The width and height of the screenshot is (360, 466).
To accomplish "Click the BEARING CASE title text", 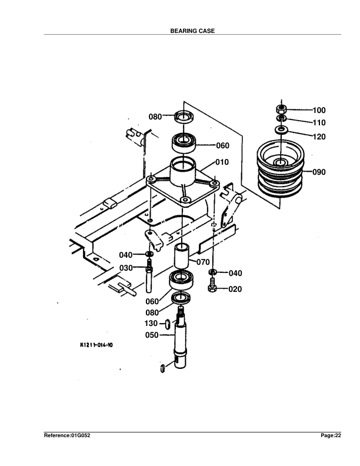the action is pyautogui.click(x=192, y=31).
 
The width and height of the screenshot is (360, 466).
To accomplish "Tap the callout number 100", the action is pyautogui.click(x=319, y=110).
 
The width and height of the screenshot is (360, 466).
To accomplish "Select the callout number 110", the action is pyautogui.click(x=319, y=122).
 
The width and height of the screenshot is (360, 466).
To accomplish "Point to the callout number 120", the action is pyautogui.click(x=319, y=137).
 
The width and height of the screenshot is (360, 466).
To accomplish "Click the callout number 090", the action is pyautogui.click(x=319, y=172).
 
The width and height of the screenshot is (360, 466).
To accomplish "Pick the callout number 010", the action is pyautogui.click(x=222, y=162).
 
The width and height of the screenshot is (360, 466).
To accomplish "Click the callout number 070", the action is pyautogui.click(x=203, y=262).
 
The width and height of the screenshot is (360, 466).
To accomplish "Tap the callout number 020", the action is pyautogui.click(x=235, y=289).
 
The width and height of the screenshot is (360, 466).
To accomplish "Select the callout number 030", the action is pyautogui.click(x=126, y=268).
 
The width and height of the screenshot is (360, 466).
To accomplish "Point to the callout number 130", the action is pyautogui.click(x=151, y=324).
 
